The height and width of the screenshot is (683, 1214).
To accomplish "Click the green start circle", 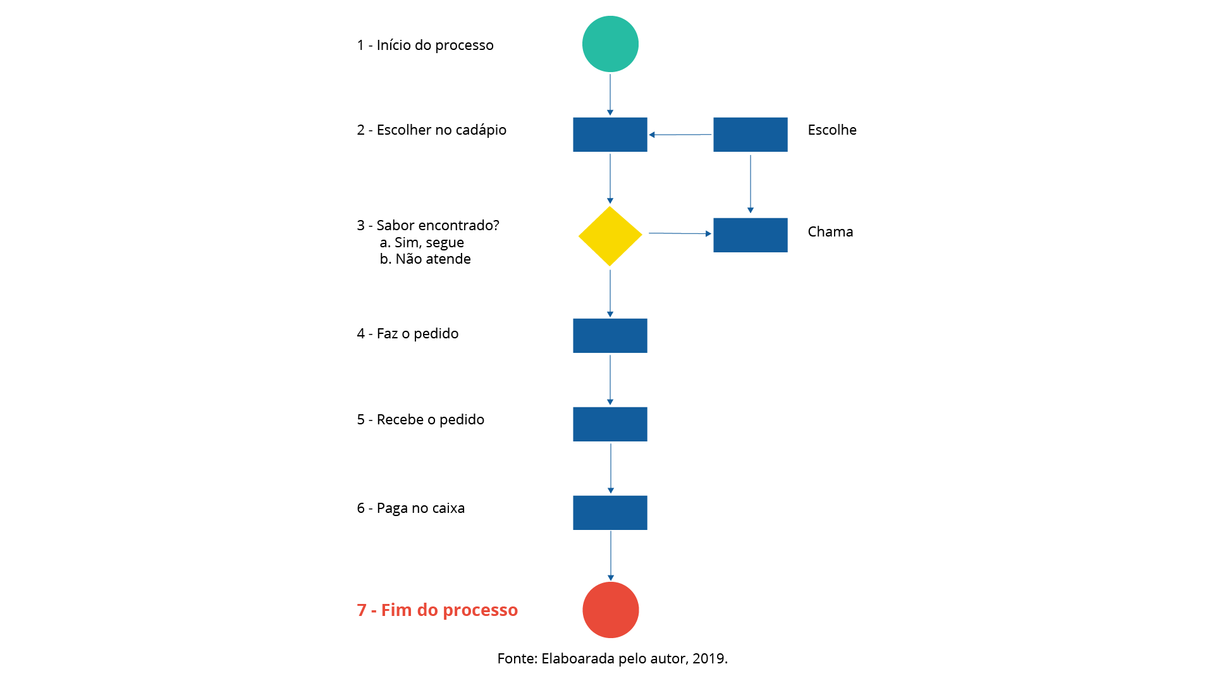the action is [x=610, y=44].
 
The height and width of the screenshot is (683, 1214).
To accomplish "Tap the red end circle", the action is [x=611, y=610].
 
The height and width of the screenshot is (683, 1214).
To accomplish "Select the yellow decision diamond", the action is [x=610, y=236].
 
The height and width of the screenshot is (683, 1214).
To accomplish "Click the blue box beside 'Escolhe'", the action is [x=751, y=134].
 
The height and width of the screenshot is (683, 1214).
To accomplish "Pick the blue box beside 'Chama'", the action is [x=751, y=235].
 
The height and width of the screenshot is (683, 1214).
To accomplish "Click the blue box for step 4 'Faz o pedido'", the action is [x=610, y=336].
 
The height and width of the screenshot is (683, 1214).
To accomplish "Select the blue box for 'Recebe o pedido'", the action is [x=610, y=424].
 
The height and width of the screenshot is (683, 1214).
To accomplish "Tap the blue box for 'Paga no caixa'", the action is [x=610, y=513].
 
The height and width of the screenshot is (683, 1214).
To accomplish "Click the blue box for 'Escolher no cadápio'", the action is [x=610, y=134].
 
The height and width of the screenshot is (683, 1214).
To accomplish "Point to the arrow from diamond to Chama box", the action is [x=680, y=233].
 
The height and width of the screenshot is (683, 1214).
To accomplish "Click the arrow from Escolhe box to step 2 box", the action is [x=680, y=135].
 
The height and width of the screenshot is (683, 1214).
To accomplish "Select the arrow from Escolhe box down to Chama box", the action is [x=751, y=184].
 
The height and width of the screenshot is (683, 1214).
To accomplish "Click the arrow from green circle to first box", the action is [x=610, y=95].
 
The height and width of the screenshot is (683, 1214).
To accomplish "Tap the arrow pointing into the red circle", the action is [x=611, y=556].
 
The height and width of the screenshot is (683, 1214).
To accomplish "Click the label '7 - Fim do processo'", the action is [x=438, y=610].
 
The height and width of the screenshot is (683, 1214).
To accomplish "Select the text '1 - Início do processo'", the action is [x=426, y=45].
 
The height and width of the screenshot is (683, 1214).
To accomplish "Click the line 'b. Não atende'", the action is [x=426, y=259].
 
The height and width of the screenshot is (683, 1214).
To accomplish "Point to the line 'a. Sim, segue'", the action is [x=422, y=242].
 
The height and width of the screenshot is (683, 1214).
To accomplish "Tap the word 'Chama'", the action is [x=830, y=231].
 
